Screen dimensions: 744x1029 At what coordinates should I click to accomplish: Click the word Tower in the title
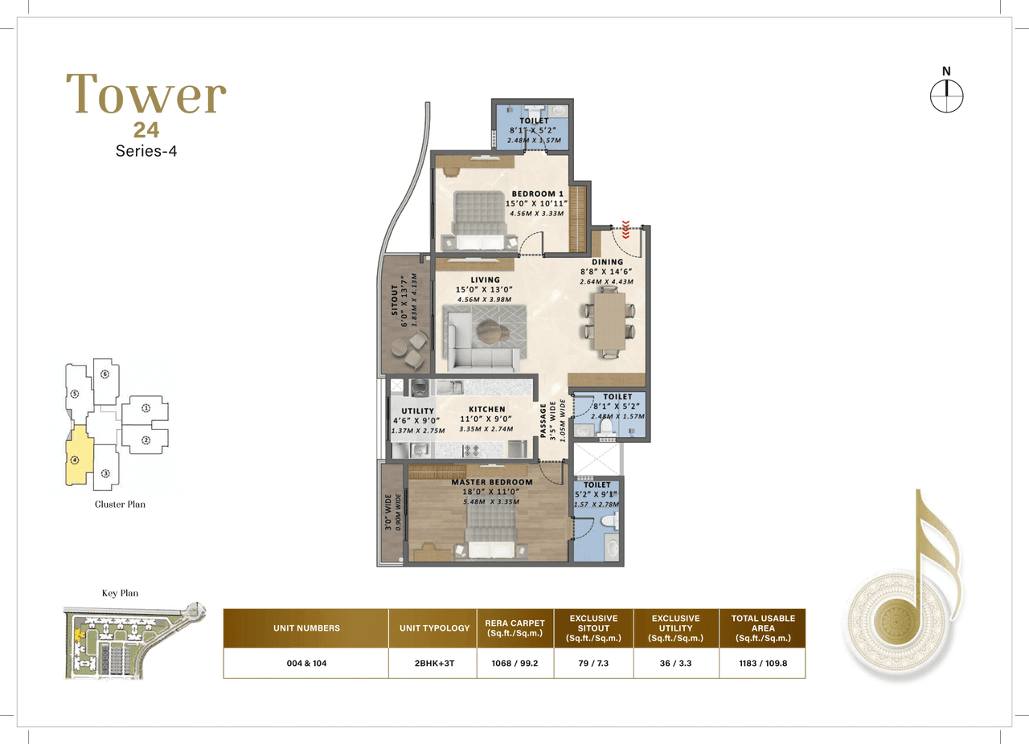point(146,94)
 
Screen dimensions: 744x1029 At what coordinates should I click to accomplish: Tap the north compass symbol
point(946,95)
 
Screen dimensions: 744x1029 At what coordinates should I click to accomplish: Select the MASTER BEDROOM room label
point(491,482)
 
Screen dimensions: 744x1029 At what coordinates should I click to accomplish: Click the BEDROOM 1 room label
point(535,194)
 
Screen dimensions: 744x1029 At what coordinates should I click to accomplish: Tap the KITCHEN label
point(487,410)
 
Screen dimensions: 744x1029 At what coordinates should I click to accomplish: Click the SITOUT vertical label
point(395,299)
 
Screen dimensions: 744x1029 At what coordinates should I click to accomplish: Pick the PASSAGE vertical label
point(543,421)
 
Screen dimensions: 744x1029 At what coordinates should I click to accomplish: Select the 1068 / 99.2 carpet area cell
point(514,663)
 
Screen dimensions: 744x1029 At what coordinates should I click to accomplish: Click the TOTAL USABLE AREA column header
point(762,627)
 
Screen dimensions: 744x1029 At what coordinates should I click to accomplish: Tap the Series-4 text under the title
point(146,151)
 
